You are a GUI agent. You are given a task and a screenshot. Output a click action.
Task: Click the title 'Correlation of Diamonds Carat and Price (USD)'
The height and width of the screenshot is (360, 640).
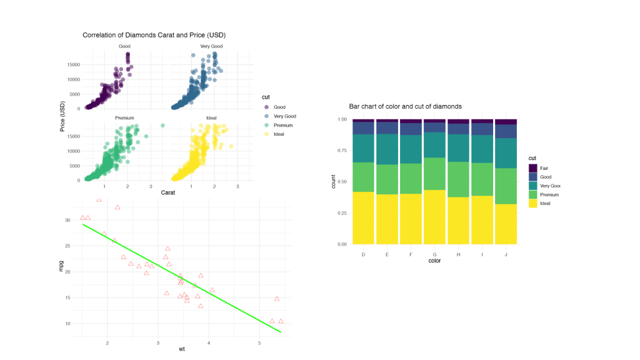pyautogui.click(x=154, y=35)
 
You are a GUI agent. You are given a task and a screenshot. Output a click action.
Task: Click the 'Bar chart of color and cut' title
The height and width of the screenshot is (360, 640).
pyautogui.click(x=405, y=106)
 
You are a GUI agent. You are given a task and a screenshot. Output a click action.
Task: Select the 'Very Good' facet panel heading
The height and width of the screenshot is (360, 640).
pyautogui.click(x=211, y=46)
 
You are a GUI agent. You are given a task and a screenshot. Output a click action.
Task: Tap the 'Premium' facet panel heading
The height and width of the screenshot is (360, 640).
pyautogui.click(x=124, y=118)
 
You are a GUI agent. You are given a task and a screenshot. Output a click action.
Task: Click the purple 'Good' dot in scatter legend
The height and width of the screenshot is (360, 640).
pyautogui.click(x=267, y=107)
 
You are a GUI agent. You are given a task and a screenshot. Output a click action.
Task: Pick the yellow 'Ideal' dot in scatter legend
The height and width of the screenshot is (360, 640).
pyautogui.click(x=267, y=134)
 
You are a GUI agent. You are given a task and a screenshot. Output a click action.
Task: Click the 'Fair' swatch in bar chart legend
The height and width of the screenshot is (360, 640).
pyautogui.click(x=532, y=168)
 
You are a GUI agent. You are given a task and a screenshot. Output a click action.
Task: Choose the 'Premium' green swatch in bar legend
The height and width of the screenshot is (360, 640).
pyautogui.click(x=532, y=195)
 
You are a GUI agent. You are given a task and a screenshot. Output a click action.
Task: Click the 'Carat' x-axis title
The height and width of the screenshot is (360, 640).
pyautogui.click(x=167, y=192)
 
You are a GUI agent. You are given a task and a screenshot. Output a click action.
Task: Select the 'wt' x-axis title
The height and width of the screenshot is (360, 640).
pyautogui.click(x=181, y=349)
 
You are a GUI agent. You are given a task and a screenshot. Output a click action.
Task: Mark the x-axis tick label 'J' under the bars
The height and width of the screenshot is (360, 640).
pyautogui.click(x=506, y=254)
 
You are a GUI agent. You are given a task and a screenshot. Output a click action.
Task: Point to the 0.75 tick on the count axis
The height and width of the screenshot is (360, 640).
pyautogui.click(x=341, y=151)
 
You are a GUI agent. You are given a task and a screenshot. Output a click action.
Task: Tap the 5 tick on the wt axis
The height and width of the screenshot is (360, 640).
pyautogui.click(x=259, y=343)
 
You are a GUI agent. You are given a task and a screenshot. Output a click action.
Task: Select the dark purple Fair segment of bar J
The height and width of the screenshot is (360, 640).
pyautogui.click(x=506, y=122)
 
